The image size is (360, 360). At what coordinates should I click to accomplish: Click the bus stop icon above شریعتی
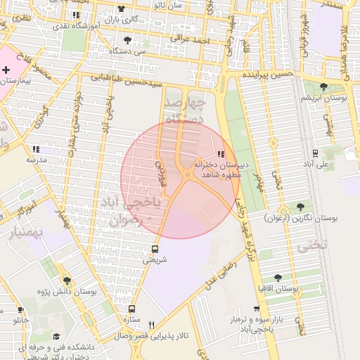(x=155, y=249)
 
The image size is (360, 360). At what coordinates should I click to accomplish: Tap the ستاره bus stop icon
(x=131, y=308)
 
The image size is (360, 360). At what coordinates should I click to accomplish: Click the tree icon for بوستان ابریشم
(x=323, y=86)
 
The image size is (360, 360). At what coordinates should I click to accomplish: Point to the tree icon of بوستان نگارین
(x=301, y=207)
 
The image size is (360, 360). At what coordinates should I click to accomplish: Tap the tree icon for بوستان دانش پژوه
(x=67, y=281)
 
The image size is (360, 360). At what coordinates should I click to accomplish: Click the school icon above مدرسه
(x=36, y=149)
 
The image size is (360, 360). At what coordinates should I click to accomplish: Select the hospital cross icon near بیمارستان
(x=6, y=70)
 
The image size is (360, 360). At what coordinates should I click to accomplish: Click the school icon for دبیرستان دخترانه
(x=221, y=153)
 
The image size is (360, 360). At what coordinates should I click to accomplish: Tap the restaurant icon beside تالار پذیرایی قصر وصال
(x=151, y=324)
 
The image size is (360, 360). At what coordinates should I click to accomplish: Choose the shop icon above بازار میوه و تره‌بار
(x=257, y=309)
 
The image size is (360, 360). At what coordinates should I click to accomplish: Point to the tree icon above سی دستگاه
(x=127, y=40)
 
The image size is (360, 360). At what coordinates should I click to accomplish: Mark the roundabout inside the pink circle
(x=188, y=175)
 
